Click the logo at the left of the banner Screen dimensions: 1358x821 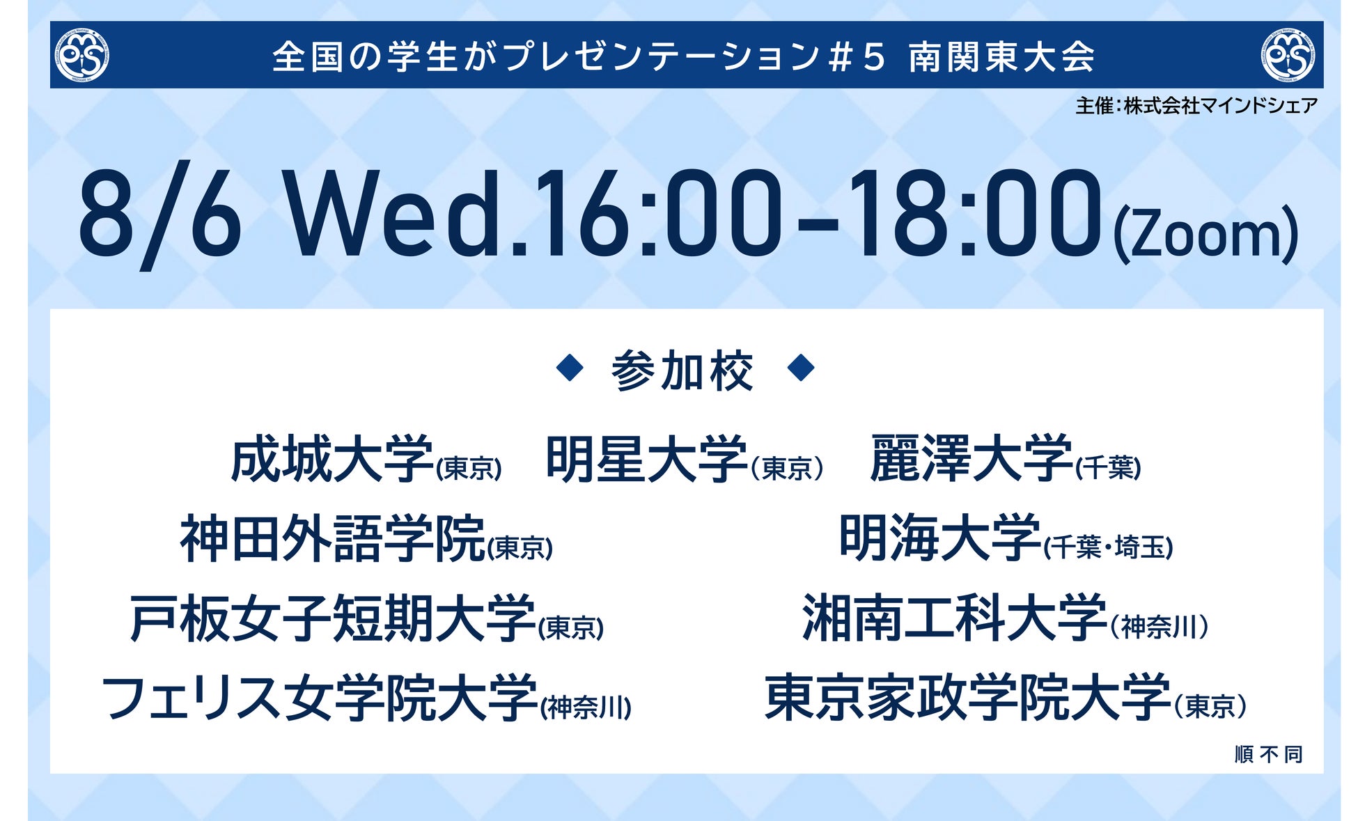point(82,55)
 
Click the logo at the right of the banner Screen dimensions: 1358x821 point(1288,55)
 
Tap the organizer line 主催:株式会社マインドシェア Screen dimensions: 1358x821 point(1196,106)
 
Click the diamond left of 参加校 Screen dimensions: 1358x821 point(570,368)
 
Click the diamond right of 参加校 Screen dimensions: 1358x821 point(801,368)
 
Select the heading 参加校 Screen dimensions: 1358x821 point(682,370)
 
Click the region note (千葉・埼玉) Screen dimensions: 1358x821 point(1108,547)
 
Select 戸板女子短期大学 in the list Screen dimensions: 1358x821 point(332,618)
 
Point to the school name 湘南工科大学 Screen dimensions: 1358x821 point(955,618)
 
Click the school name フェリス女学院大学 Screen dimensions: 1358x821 point(320,698)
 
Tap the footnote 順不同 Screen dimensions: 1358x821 point(1268,754)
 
